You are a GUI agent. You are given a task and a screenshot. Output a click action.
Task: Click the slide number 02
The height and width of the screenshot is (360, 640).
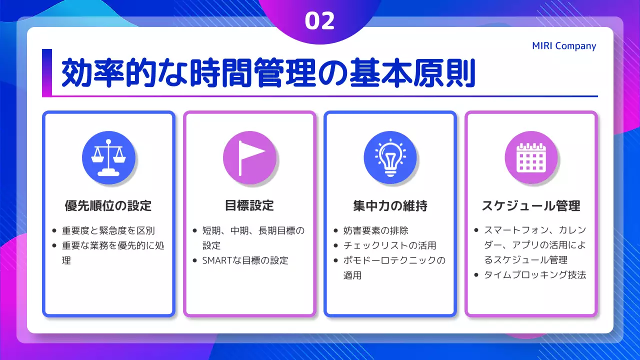(319, 21)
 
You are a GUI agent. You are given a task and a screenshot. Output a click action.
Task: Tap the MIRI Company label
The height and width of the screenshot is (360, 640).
(564, 46)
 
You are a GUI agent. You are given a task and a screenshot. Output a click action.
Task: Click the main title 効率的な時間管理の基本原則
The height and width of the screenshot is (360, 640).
(267, 74)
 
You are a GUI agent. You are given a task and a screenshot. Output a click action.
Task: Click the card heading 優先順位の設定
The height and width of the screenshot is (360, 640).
(108, 205)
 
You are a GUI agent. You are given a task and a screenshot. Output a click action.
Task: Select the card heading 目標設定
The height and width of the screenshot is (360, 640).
(249, 205)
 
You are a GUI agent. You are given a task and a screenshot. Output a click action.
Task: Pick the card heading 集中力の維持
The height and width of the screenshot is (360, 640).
(390, 205)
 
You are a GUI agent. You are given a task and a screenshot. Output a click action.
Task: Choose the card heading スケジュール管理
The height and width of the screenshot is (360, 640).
(531, 205)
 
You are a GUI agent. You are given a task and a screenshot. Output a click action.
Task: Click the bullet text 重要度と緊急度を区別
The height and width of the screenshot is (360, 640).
(108, 230)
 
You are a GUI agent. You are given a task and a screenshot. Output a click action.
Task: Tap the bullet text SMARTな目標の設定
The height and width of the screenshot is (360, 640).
(245, 260)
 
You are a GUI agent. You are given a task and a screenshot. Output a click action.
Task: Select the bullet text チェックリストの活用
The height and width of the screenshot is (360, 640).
(389, 245)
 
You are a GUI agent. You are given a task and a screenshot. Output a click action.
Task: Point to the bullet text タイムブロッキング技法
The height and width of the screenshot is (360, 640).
(534, 275)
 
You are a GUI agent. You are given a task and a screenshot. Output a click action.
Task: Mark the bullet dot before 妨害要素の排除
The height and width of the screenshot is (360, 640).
(335, 231)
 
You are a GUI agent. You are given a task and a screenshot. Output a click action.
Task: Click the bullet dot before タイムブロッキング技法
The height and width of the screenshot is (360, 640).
(476, 275)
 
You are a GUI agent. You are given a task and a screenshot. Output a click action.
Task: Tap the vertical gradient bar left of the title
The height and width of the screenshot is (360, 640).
(47, 72)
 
